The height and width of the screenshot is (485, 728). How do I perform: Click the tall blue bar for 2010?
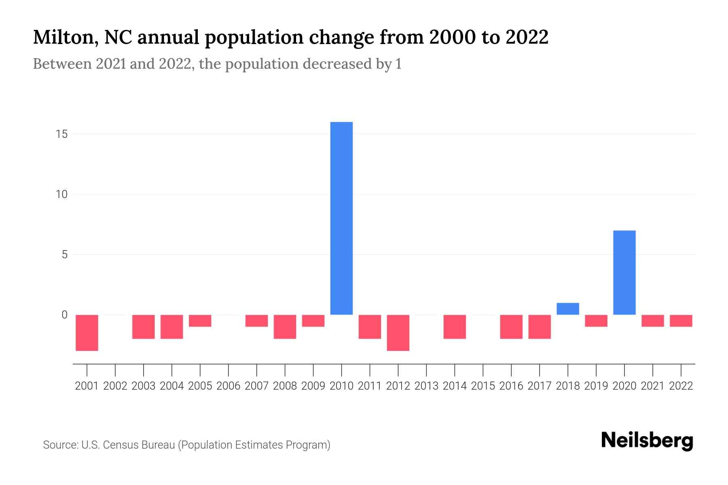point(341,218)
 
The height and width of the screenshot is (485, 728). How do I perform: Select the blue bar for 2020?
point(624,272)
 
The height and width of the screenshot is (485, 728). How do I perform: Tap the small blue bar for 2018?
point(567,309)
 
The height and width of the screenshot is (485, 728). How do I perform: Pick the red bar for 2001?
point(87,333)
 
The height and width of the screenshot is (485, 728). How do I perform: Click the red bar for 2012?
point(398,333)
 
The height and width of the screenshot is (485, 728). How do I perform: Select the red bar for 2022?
point(681,321)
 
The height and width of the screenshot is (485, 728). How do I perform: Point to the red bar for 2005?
point(200,321)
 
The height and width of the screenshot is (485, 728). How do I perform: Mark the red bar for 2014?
point(455,327)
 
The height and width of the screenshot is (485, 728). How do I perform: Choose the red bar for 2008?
point(285,327)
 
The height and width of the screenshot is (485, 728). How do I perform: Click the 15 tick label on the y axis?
point(61,134)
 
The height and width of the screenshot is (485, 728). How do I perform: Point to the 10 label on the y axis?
point(61,195)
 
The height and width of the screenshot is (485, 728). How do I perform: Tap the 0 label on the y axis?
point(64,315)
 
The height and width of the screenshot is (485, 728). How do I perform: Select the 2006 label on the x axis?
point(228,386)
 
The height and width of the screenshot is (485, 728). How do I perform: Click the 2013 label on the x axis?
point(426,386)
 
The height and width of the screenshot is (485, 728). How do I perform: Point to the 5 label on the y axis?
point(64,255)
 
